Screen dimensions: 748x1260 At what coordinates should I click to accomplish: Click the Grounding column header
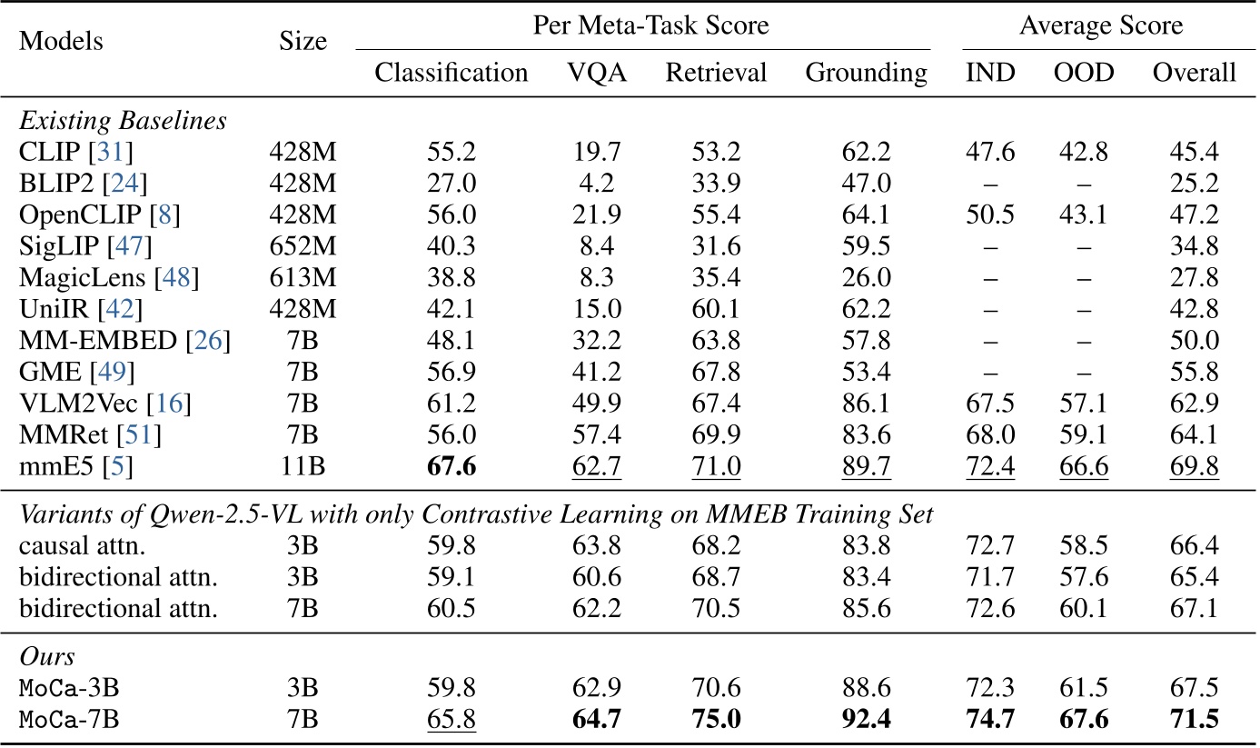click(866, 73)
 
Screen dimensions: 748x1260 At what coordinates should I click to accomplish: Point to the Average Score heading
click(1101, 25)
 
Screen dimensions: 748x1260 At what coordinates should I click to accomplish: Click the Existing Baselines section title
click(123, 119)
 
